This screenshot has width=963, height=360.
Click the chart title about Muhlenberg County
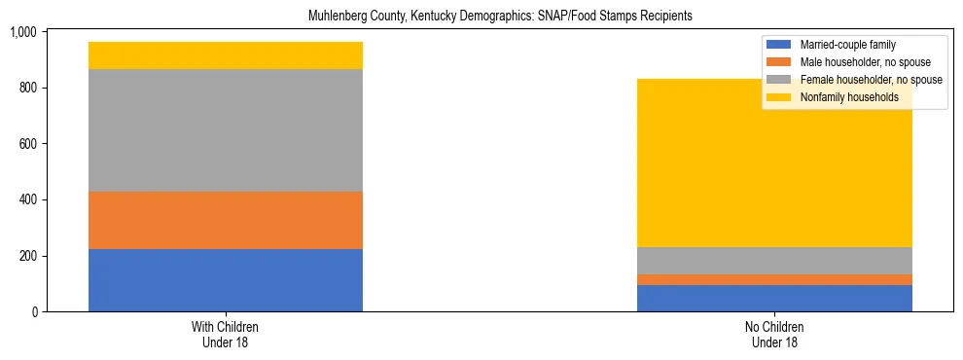[x=500, y=17]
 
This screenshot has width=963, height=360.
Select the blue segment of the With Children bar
[x=226, y=280]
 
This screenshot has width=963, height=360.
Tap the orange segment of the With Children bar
[x=226, y=220]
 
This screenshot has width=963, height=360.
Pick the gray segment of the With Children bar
[x=226, y=130]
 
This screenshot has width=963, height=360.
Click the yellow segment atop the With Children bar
[x=226, y=55]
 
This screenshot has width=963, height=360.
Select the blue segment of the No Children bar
[x=774, y=298]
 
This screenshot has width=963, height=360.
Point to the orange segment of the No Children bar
[x=774, y=279]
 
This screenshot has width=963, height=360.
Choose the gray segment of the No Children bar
[x=774, y=261]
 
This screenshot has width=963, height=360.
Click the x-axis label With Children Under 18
[x=226, y=334]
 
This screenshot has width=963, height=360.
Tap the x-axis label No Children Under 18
[x=774, y=334]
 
